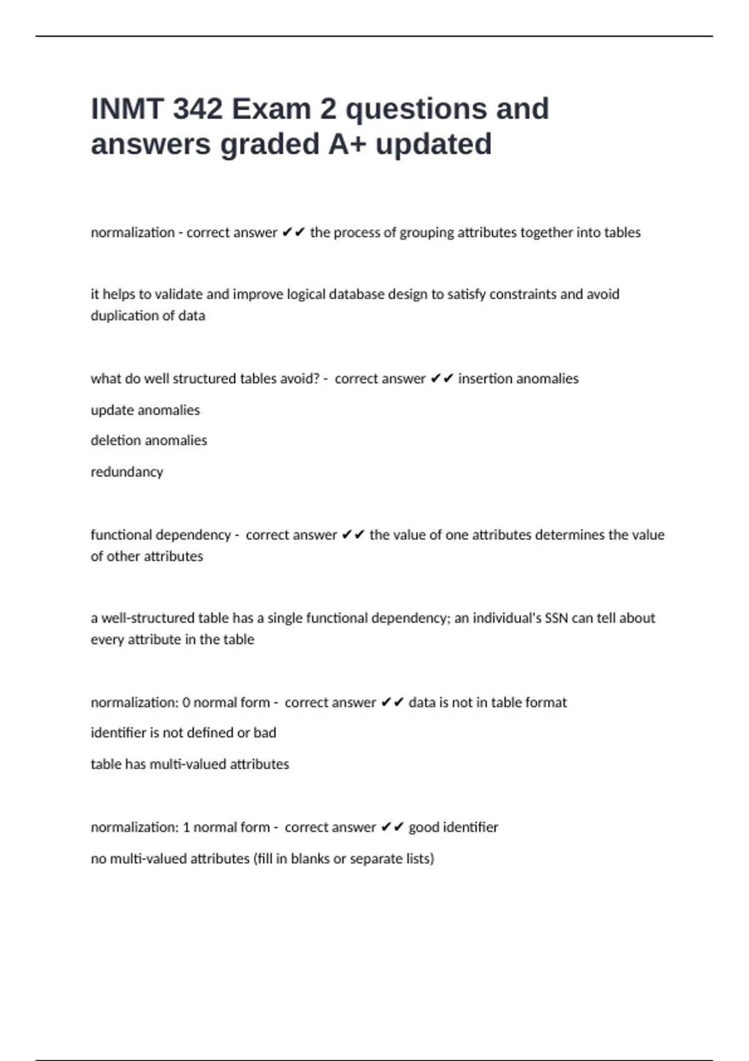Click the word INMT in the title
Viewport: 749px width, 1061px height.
pos(127,109)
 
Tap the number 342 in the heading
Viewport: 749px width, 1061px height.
pos(197,109)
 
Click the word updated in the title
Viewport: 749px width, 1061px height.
pos(433,144)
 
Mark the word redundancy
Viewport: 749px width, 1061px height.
pos(127,472)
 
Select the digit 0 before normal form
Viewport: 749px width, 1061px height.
pos(186,703)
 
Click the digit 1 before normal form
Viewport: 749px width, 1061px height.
pos(186,828)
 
